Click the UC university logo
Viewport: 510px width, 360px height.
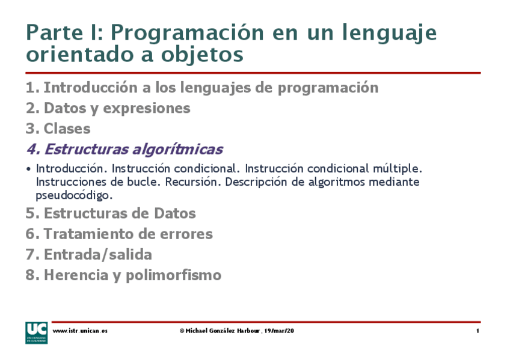pos(36,332)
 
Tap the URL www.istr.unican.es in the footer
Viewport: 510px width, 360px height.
pos(80,331)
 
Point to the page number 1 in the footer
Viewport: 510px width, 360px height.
pos(477,331)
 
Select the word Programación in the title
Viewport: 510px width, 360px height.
pos(191,33)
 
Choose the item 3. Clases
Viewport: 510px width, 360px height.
pos(58,129)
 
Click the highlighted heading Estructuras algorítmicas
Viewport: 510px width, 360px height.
pos(133,149)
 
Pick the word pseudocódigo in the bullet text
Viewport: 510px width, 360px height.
pos(74,195)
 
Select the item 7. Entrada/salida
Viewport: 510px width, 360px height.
pos(88,254)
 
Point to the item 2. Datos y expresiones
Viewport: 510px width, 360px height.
pos(108,108)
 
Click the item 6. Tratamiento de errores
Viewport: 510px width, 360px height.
pos(119,234)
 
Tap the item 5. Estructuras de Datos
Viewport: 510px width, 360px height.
pos(111,213)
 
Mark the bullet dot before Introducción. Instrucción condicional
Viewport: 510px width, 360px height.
pos(29,169)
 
